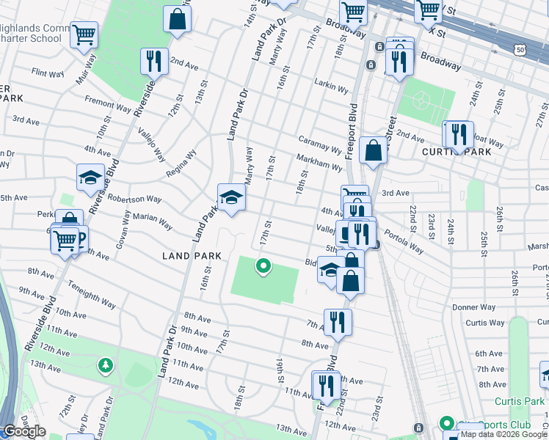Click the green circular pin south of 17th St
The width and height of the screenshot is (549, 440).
point(261,266)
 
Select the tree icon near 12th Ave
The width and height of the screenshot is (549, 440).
point(106,364)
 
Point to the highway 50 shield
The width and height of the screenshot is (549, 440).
point(520,49)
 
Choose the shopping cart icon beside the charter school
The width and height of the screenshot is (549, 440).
point(84,34)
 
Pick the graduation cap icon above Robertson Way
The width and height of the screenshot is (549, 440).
point(90,177)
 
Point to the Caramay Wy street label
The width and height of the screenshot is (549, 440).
point(320,144)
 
